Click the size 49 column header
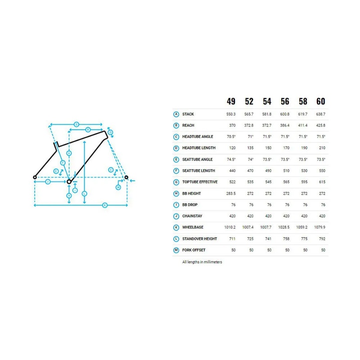pos(231,101)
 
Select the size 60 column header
pos(321,101)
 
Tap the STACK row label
pos(188,114)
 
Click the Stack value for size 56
pos(285,114)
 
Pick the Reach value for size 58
pos(302,126)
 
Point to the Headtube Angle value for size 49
pos(231,137)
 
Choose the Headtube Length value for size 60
pos(322,148)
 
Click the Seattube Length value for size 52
pos(250,171)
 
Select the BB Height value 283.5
pos(231,193)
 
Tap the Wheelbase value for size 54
pos(265,227)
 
